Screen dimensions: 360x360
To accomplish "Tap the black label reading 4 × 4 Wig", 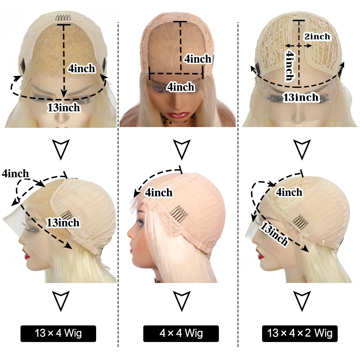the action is coord(181,333).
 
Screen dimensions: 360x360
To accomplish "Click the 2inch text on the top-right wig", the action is coord(317,36).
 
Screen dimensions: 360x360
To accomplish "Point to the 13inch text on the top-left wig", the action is coord(64,107).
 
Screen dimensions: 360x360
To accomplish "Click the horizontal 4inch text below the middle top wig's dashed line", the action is coord(181,87).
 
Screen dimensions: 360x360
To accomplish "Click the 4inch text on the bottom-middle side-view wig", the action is coord(159,193).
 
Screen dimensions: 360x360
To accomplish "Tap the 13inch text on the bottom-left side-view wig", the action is coord(63,222).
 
